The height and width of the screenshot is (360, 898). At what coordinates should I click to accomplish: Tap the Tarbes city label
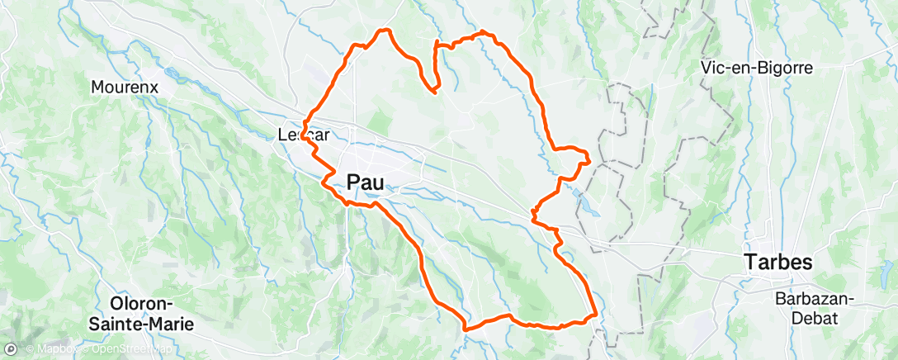tap(778, 263)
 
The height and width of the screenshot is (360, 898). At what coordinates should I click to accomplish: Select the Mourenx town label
tap(125, 86)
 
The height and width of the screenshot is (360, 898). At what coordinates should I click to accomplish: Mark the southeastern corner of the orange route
tap(595, 315)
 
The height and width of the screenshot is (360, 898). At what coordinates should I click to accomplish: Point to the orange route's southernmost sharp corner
tap(466, 329)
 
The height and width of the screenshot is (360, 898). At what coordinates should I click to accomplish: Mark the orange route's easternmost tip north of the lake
tap(589, 159)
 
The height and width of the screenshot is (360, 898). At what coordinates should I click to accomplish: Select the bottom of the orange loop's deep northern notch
tap(432, 89)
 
